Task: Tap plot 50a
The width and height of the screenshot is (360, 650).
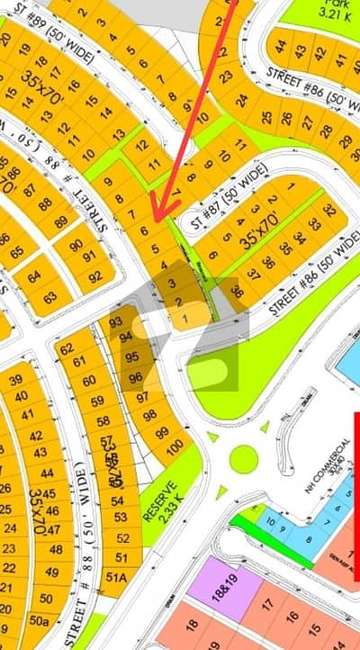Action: coord(38,620)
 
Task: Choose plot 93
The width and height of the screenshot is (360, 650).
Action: coord(114,322)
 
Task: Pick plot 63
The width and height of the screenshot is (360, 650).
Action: coord(50,296)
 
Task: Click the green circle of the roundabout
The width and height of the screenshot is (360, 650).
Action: coord(244,459)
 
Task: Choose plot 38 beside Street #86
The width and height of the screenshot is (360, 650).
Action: coord(236,291)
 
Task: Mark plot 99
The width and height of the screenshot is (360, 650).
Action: coord(162,434)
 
